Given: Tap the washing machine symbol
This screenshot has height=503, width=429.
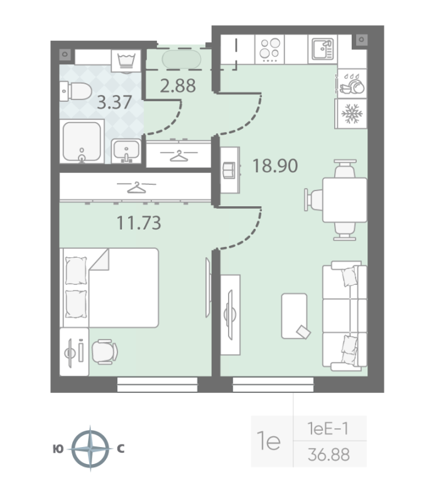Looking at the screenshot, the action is tap(126, 61).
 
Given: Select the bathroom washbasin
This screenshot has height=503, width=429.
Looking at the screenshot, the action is tap(126, 151).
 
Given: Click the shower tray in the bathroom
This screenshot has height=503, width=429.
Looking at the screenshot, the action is tap(82, 141).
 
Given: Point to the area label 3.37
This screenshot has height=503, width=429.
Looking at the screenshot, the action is tap(114, 102).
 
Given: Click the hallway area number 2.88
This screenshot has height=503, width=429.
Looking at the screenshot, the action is tap(178, 86).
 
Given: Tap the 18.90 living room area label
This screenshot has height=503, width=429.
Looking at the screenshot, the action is tap(275, 166).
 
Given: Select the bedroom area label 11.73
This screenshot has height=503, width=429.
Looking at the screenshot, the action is tap(139, 223).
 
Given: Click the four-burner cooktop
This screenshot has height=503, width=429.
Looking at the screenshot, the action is tap(269, 49).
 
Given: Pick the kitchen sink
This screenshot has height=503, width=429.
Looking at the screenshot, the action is tap(323, 49).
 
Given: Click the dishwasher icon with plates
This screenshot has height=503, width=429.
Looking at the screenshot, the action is tap(352, 84).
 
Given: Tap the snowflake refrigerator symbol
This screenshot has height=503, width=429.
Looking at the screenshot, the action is tap(352, 114).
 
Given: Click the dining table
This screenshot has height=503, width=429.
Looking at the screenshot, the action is tap(345, 200).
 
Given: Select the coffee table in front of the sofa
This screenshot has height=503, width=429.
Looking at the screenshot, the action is tap(295, 316).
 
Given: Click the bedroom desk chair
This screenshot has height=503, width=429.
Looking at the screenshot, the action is tap(105, 352).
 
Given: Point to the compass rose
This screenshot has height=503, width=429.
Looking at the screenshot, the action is tap(90, 448).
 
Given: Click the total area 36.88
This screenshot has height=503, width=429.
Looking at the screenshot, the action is tap(329, 455).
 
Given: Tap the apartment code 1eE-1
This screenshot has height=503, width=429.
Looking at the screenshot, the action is tap(328, 429).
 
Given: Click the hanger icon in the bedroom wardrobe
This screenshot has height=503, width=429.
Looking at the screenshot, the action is tap(136, 187).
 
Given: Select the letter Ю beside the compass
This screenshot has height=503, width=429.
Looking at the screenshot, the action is tap(58, 449).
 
